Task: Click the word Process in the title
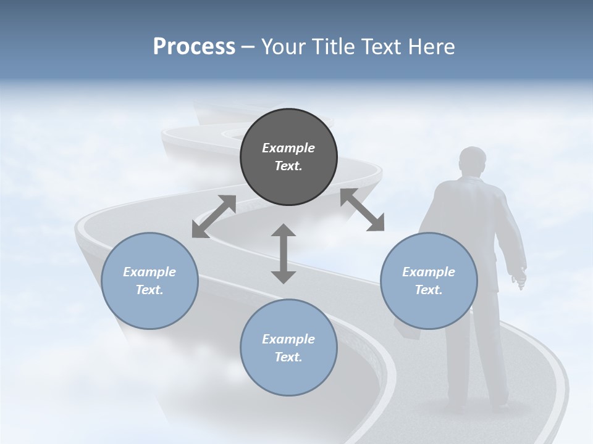194,47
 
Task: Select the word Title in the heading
334,47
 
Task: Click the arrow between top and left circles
214,216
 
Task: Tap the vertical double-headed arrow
284,253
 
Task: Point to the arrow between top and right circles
362,210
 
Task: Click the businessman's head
473,162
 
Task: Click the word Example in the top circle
288,148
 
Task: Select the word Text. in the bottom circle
288,357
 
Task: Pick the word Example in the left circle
149,272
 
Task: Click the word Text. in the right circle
428,290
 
